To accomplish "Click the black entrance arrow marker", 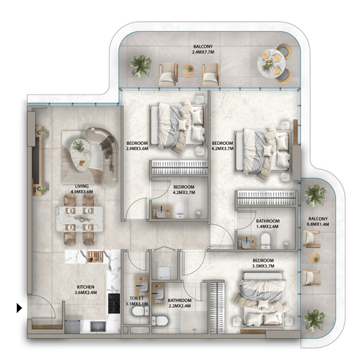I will (19, 308).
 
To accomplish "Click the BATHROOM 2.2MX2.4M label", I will (179, 303).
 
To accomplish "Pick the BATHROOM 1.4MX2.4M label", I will (268, 224).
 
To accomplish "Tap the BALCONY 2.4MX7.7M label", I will (203, 50).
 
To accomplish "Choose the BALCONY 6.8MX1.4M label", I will (318, 221).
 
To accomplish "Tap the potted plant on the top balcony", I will (141, 65).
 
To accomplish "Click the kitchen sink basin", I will (96, 326).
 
